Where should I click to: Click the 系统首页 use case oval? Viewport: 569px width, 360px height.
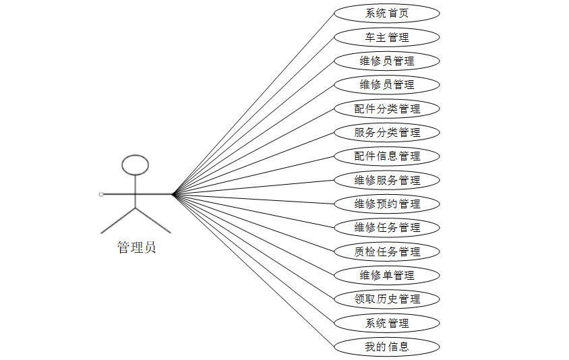click(x=387, y=13)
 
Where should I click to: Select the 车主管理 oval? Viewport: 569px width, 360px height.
click(x=387, y=37)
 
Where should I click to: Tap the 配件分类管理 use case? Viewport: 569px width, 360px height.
click(x=387, y=109)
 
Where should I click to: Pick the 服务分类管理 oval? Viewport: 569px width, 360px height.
click(x=387, y=132)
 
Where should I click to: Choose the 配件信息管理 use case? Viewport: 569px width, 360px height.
click(x=387, y=156)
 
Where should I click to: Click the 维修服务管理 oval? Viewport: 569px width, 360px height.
click(x=387, y=180)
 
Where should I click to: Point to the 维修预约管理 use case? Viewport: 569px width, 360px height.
click(x=387, y=204)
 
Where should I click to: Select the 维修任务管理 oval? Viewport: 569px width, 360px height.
click(x=387, y=227)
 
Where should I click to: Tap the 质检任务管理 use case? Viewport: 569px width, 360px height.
click(x=387, y=251)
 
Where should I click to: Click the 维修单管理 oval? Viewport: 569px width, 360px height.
click(x=387, y=275)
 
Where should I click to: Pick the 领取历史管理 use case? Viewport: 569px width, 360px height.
click(x=387, y=299)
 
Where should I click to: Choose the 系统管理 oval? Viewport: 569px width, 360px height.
click(x=387, y=323)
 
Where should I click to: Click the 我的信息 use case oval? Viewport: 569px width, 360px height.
click(x=387, y=347)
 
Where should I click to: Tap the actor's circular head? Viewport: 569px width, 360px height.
click(x=136, y=165)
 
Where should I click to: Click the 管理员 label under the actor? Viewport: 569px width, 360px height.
click(x=136, y=247)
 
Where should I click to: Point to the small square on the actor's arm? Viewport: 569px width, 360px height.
click(x=101, y=194)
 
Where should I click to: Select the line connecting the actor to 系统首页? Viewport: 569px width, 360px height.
click(x=253, y=103)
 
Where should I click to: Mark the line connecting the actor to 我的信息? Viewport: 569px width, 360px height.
click(x=253, y=270)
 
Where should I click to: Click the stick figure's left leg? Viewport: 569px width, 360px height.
click(x=119, y=220)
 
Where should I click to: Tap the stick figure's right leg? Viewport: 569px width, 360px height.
click(x=153, y=220)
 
